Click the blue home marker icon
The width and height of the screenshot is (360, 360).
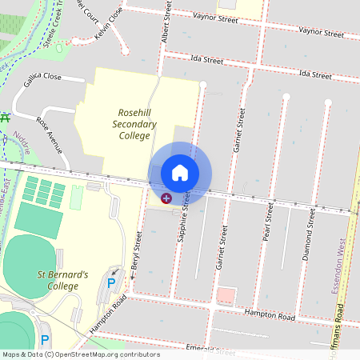click(x=180, y=172)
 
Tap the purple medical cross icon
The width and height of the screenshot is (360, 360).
click(x=166, y=198)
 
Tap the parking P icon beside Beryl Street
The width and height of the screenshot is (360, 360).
click(x=112, y=283)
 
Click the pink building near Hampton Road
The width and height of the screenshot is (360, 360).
click(x=226, y=296)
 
